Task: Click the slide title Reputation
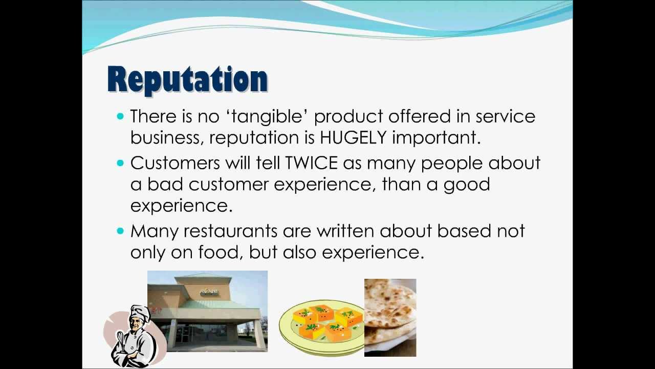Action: coord(187,80)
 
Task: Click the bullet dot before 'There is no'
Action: coord(121,116)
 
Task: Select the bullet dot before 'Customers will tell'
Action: coord(121,163)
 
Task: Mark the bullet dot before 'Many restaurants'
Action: coord(121,231)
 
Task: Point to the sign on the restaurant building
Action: coord(209,292)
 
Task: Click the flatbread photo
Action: coord(390,317)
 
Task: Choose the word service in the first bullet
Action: coord(506,116)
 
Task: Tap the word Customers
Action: coord(174,163)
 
